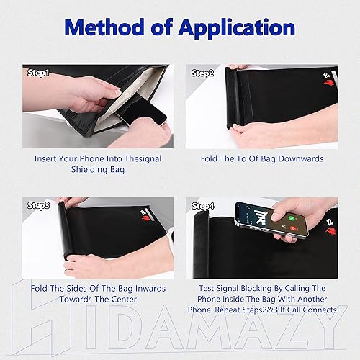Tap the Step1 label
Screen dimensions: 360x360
39,73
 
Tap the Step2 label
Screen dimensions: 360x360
202,73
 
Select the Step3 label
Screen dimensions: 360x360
39,206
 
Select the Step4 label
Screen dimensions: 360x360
202,206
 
